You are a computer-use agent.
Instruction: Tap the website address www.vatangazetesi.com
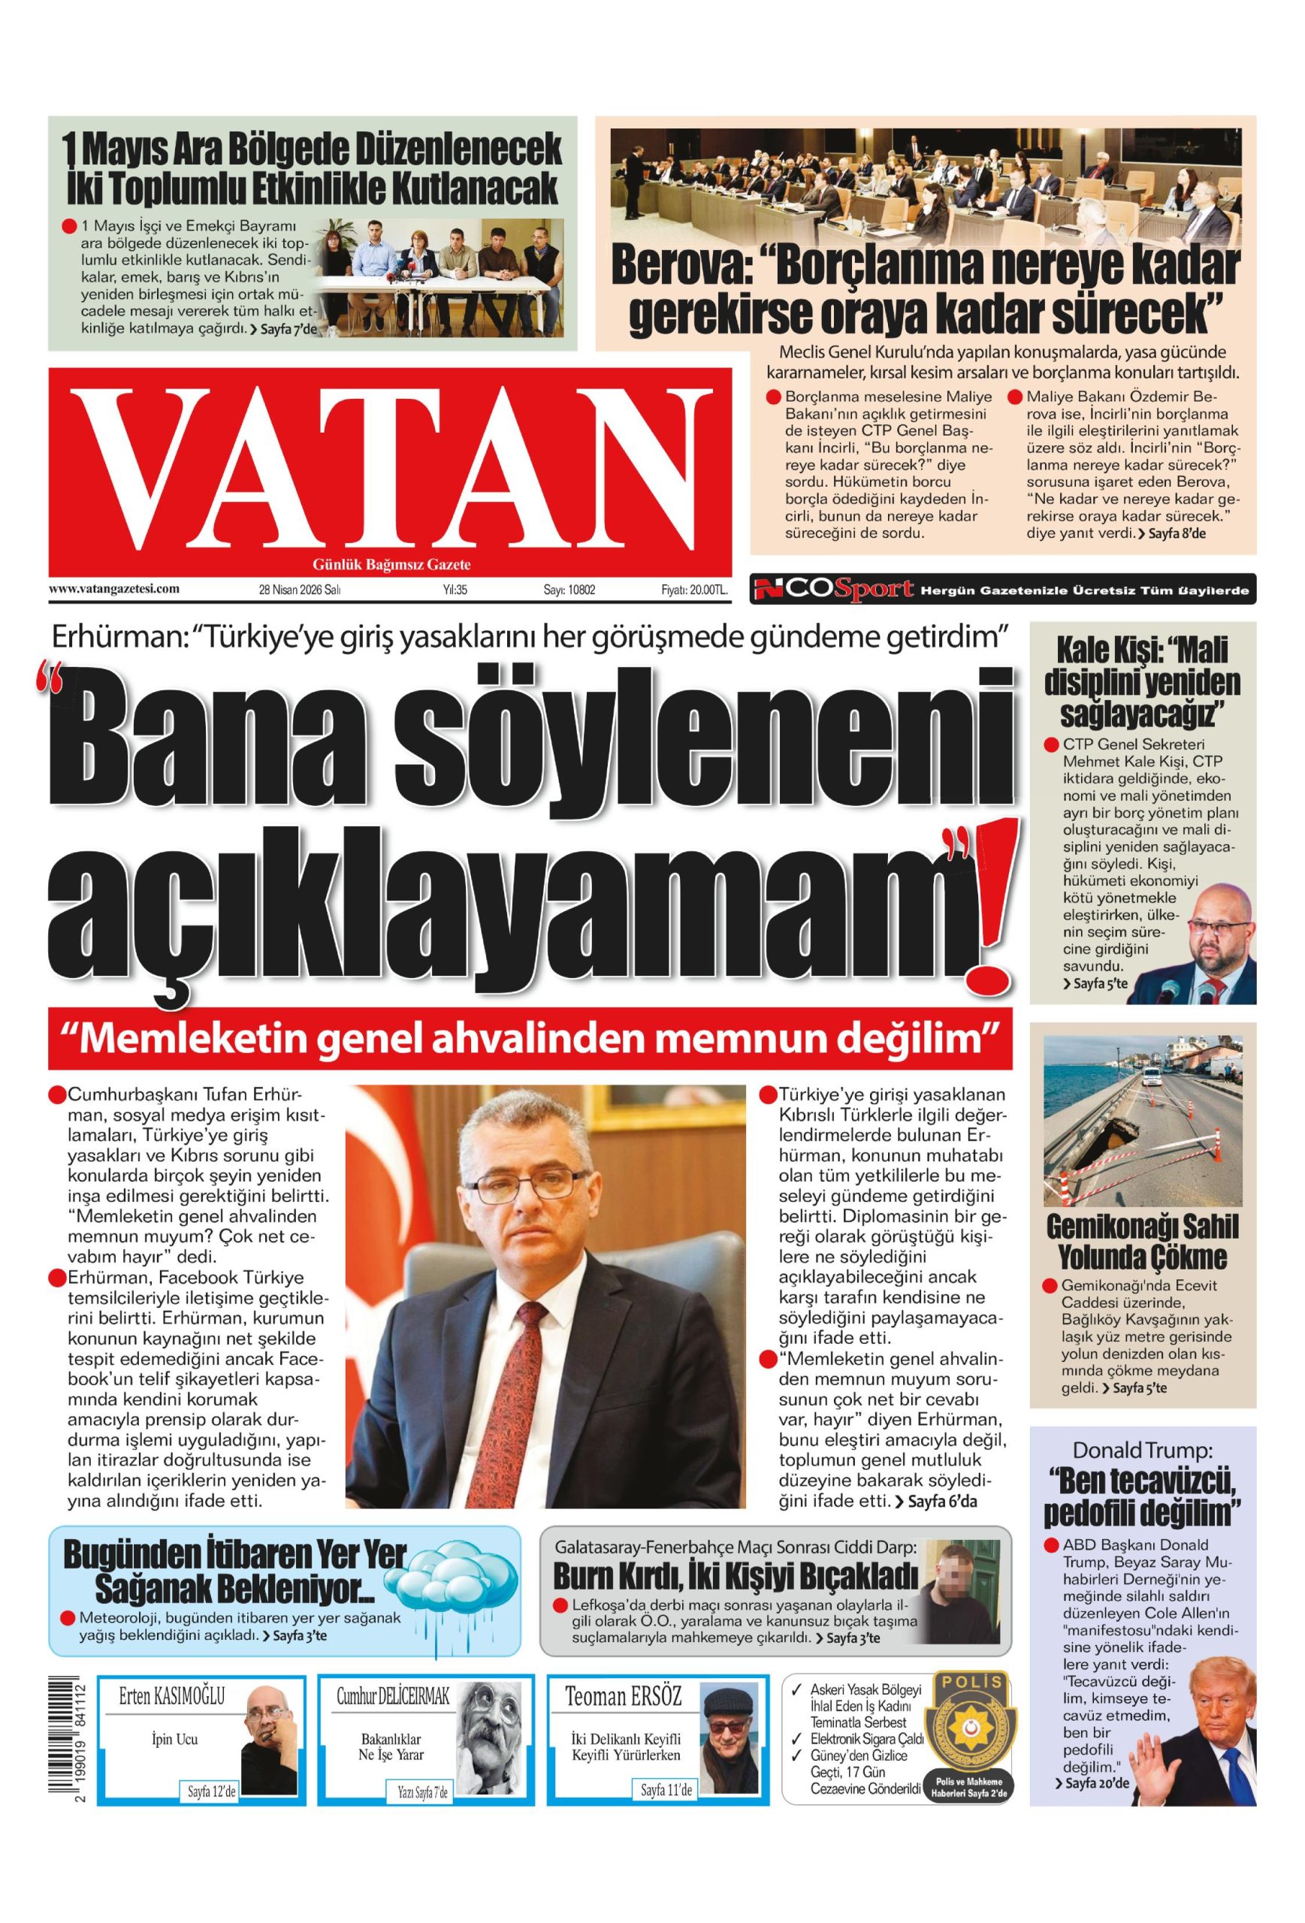pyautogui.click(x=114, y=589)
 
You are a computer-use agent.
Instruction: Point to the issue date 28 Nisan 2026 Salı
pyautogui.click(x=300, y=590)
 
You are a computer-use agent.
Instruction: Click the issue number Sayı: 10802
pyautogui.click(x=569, y=590)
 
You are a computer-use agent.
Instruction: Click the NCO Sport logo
pyautogui.click(x=832, y=589)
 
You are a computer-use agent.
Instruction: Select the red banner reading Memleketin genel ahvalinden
pyautogui.click(x=530, y=1037)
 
